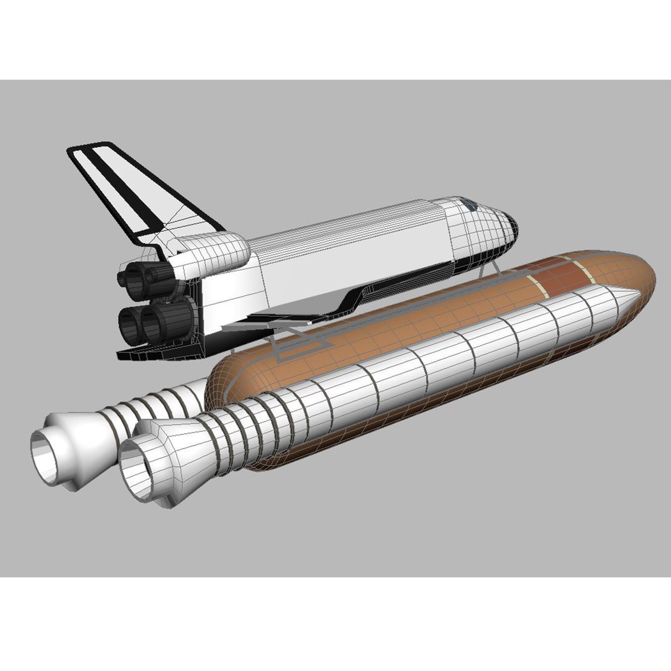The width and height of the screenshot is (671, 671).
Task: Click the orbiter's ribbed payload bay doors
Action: pyautogui.click(x=348, y=242)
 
